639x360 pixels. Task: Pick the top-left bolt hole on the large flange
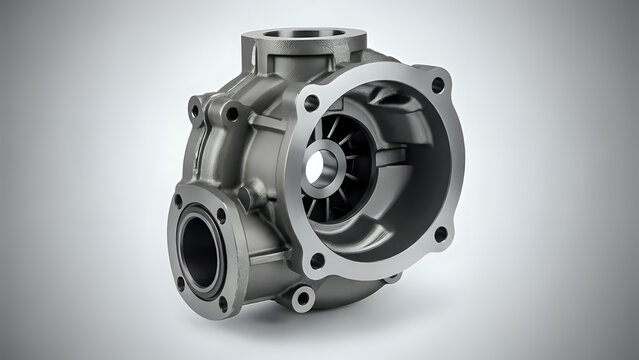click(311, 103)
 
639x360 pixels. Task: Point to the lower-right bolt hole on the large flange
click(440, 234)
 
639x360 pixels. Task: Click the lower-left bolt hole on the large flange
click(317, 262)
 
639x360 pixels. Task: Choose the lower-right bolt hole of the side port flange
click(223, 301)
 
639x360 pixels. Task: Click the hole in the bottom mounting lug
click(300, 297)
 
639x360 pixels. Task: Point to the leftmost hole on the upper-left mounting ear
click(198, 104)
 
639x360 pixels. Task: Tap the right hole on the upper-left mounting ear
click(232, 114)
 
